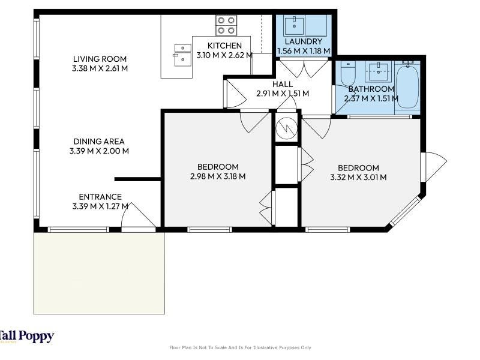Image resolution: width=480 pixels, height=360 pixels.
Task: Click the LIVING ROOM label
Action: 100,59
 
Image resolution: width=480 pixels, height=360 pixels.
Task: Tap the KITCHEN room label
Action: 224,46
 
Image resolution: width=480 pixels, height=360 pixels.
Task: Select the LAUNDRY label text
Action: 304,41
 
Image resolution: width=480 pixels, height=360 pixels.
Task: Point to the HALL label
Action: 283,84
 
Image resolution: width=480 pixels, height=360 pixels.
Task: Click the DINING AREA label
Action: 99,142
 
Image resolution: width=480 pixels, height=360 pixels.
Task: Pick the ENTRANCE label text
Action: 100,197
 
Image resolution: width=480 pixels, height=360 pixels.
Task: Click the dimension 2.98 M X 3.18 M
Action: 218,176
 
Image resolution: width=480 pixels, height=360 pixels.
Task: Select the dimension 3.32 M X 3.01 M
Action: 358,177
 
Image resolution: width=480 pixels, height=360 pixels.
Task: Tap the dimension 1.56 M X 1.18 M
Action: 304,51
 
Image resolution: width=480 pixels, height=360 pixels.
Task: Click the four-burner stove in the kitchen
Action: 226,25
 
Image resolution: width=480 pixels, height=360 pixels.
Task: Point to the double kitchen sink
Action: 183,55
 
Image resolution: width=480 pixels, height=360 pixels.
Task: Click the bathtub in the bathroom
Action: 407,87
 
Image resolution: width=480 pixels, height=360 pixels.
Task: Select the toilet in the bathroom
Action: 348,73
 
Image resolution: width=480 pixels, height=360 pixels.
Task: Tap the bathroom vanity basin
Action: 379,72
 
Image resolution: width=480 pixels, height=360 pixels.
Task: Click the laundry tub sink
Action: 294,26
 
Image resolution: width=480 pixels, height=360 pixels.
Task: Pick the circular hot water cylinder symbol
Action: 286,128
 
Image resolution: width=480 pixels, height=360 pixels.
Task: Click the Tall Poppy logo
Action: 27,337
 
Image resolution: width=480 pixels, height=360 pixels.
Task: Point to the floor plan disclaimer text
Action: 240,347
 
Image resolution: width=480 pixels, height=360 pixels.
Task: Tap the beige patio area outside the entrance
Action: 99,273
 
